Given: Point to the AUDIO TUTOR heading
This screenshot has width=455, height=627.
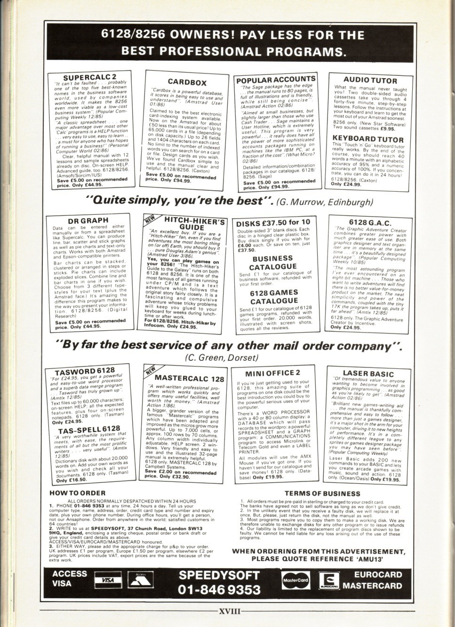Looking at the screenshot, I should click(370, 80).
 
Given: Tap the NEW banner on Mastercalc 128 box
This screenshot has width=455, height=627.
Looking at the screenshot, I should click(151, 373).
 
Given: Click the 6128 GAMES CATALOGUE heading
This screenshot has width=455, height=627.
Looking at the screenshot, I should click(273, 296).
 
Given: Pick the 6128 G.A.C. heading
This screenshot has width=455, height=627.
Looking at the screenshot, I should click(370, 222).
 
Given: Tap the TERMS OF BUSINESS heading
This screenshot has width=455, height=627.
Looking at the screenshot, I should click(322, 493).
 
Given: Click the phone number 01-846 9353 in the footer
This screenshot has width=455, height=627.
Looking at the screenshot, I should click(220, 589).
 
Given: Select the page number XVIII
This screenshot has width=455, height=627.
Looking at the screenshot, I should click(230, 612).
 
